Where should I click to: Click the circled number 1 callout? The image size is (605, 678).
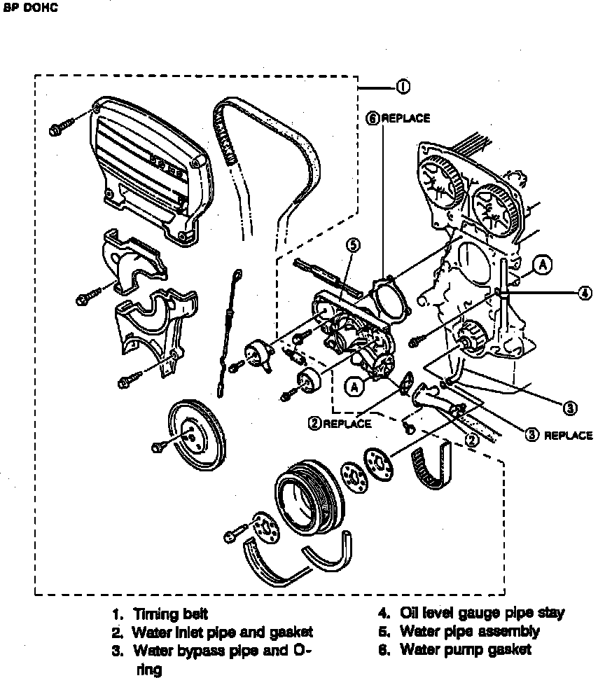[403, 87]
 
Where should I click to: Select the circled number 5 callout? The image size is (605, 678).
[353, 244]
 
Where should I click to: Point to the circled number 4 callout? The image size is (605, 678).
[585, 293]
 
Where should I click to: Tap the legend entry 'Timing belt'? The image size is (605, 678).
[170, 614]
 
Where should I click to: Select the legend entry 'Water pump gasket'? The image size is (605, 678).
[466, 649]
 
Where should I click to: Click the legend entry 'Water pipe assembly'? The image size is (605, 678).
[470, 632]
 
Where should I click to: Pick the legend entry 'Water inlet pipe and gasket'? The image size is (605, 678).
[222, 632]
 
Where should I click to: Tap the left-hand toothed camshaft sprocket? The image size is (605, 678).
[442, 180]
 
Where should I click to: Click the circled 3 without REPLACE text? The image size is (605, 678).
[571, 408]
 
